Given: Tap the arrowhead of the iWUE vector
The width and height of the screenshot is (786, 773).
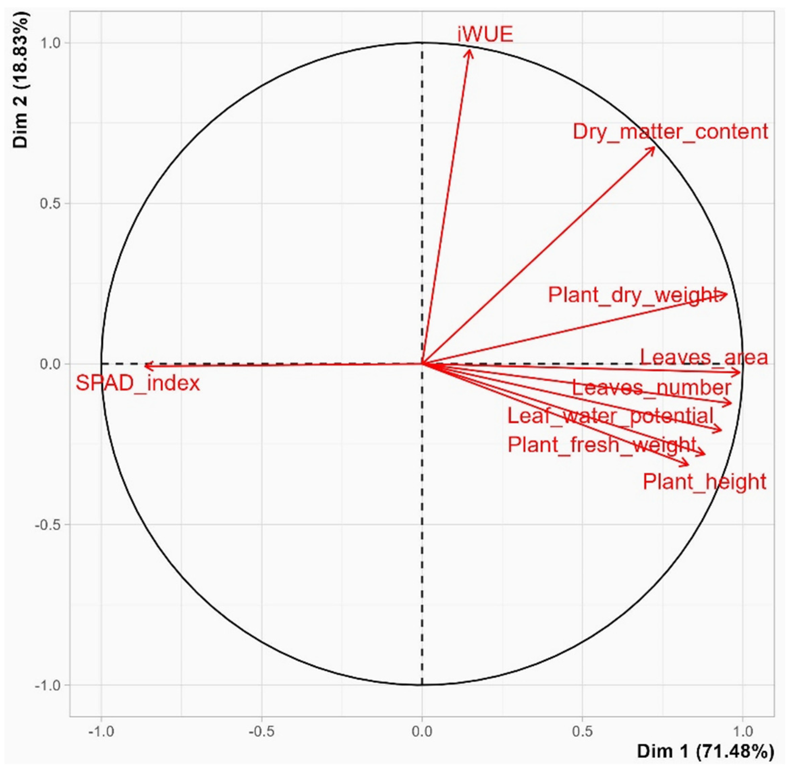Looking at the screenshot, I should point(470,50).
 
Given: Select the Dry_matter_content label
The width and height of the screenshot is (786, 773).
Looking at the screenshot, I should point(670,132).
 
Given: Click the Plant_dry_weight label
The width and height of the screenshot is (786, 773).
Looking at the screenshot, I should point(632,295).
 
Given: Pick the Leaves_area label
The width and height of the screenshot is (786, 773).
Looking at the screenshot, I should point(704,357).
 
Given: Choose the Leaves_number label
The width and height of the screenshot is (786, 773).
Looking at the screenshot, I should point(652,388).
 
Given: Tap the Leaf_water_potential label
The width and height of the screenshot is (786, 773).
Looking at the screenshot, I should point(610,416).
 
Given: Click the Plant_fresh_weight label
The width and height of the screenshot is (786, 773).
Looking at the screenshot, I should point(602,445).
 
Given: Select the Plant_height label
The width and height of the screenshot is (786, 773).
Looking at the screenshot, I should point(704,482).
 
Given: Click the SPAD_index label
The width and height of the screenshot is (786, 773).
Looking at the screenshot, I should point(138,383).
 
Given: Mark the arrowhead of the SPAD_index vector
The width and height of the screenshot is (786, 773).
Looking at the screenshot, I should point(145,366).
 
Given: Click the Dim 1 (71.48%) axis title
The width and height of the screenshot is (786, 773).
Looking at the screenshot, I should point(705,751).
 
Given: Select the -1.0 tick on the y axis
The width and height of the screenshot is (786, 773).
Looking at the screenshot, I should point(47,685).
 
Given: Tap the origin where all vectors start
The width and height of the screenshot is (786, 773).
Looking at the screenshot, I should point(422,364).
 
